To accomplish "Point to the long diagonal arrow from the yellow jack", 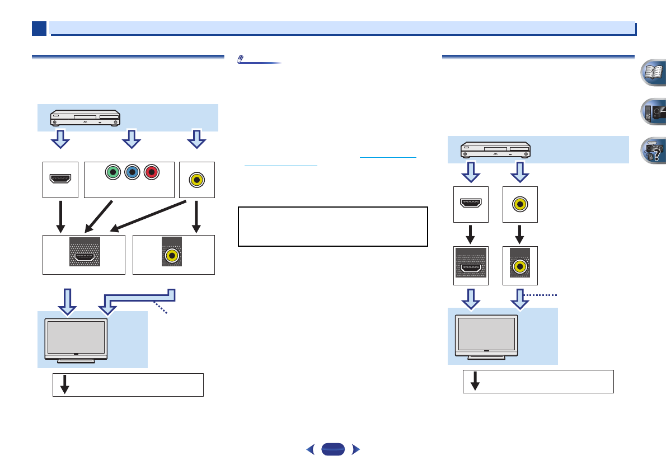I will click(x=149, y=216).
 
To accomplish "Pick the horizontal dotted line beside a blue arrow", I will click(x=542, y=295).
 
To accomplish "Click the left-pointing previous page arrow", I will click(x=312, y=449).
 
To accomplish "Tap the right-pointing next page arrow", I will click(x=354, y=449).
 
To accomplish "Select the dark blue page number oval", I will click(x=333, y=449).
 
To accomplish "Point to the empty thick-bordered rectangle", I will click(x=333, y=227).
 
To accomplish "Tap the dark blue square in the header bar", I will click(x=39, y=29).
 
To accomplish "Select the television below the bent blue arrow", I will click(x=76, y=341).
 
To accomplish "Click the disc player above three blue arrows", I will click(x=85, y=117).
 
